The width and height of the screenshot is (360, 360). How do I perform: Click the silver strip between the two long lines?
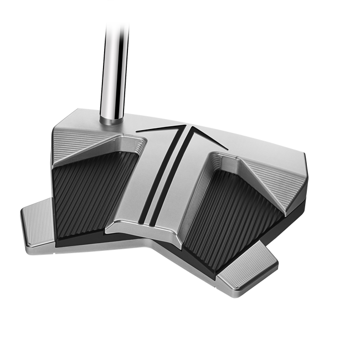[x=164, y=177]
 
